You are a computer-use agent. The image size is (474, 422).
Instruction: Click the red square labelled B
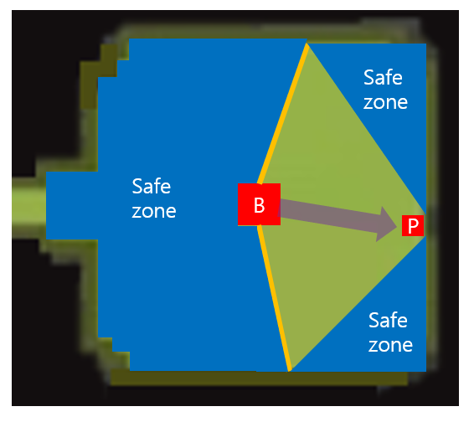259,204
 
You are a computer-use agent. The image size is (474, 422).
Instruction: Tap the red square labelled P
413,225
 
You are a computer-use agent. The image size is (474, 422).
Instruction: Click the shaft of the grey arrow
328,214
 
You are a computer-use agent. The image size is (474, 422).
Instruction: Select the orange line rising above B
283,114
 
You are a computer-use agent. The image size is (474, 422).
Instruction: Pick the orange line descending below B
274,298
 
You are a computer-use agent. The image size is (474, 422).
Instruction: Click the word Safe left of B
152,186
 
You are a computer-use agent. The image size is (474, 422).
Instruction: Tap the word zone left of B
154,211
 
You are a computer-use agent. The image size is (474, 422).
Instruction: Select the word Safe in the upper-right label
383,77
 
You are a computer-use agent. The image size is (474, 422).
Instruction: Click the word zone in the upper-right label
385,103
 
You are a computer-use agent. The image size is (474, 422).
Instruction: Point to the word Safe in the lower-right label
388,320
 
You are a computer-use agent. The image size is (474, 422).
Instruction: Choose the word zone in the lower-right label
390,345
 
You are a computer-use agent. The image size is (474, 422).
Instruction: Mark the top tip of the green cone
307,44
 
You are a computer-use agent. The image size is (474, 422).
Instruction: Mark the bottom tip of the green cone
290,371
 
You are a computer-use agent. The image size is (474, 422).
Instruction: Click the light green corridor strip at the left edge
28,206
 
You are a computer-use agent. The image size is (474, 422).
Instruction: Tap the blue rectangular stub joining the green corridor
72,206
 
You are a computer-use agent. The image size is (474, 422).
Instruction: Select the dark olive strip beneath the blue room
259,378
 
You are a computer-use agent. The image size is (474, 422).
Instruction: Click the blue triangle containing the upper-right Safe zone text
390,100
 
